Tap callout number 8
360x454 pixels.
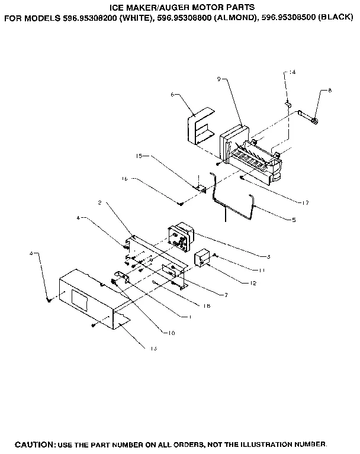pos(330,91)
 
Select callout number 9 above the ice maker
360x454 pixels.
pos(218,79)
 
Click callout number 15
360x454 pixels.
pos(140,157)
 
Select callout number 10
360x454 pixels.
pos(171,333)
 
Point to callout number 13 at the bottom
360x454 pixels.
pos(153,348)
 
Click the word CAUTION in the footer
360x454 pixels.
pos(35,443)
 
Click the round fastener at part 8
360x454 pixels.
pos(314,121)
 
